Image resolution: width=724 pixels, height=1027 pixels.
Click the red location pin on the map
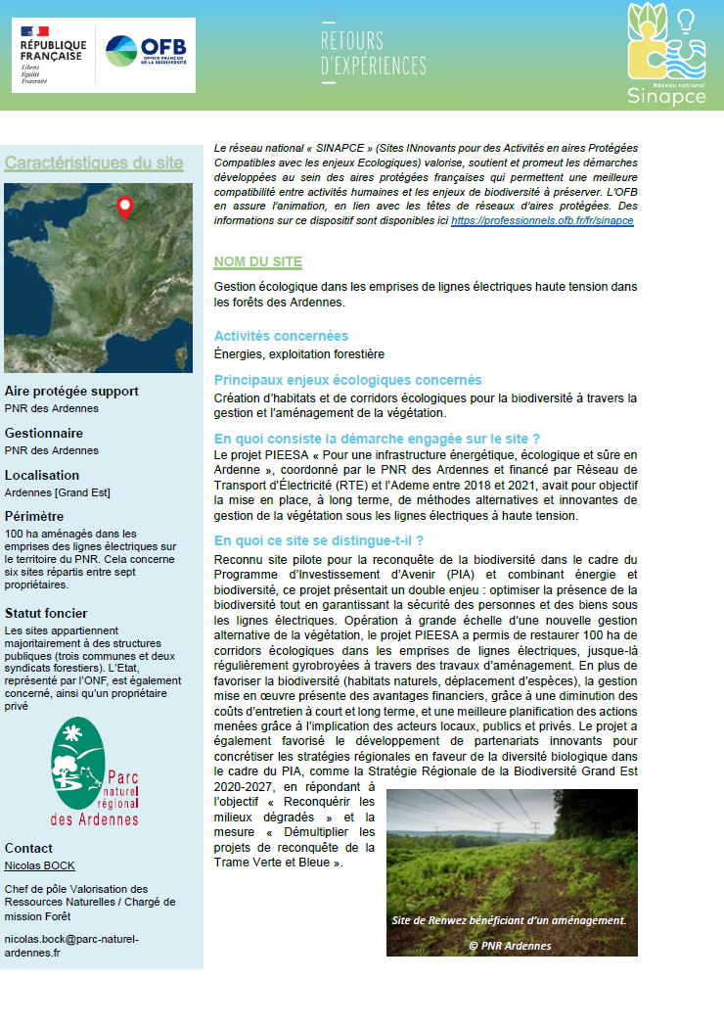tap(124, 207)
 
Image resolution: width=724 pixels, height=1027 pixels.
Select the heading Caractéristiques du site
tap(94, 163)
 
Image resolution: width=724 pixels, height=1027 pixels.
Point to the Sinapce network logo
tap(667, 55)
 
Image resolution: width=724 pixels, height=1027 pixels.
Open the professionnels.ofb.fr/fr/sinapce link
tap(542, 221)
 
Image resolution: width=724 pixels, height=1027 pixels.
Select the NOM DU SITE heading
tap(258, 262)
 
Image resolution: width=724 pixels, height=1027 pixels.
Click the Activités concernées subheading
tap(281, 336)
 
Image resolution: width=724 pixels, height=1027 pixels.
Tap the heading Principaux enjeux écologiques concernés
tap(347, 380)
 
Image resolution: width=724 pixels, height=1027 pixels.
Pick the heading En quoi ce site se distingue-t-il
tap(318, 540)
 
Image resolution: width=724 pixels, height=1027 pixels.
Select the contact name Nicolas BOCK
tap(39, 865)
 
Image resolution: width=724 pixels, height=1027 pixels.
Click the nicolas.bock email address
tap(71, 946)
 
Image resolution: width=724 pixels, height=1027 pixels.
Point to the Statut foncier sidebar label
tap(46, 614)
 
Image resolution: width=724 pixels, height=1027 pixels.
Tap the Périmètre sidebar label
tap(34, 516)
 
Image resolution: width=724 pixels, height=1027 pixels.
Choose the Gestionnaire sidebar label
tap(44, 433)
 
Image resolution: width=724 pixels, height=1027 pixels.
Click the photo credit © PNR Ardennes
tap(510, 946)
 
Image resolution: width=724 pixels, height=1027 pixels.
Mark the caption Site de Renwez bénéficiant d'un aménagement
tap(508, 920)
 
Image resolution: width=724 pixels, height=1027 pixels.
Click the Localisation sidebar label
tap(42, 475)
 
